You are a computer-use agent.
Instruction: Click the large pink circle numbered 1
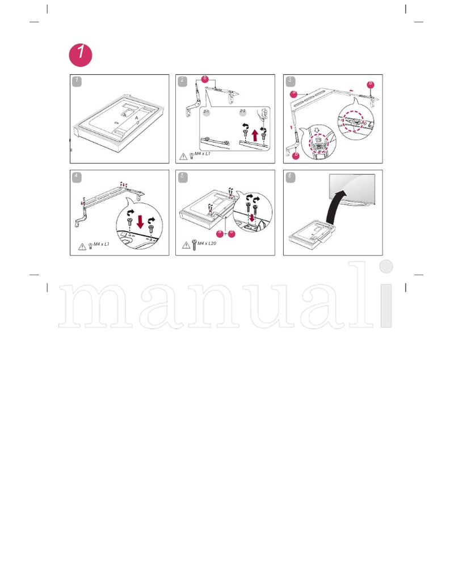(81, 54)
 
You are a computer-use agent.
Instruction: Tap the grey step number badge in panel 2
(182, 81)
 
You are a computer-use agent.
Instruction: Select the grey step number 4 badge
(77, 176)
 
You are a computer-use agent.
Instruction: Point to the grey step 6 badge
(290, 176)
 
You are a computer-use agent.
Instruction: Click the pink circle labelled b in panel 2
(205, 79)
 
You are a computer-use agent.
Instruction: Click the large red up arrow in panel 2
(255, 135)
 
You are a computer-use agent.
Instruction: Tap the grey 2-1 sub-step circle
(207, 113)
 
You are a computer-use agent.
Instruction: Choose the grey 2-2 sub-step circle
(242, 113)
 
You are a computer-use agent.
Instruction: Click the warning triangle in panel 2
(183, 156)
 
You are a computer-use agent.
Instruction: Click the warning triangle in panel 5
(186, 245)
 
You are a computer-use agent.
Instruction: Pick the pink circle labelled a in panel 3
(294, 94)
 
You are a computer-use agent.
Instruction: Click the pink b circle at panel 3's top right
(371, 85)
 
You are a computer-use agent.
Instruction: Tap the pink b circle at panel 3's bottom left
(296, 155)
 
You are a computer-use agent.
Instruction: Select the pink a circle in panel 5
(220, 233)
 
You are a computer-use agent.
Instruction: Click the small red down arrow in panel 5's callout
(252, 218)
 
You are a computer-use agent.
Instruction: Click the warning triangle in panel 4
(82, 246)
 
